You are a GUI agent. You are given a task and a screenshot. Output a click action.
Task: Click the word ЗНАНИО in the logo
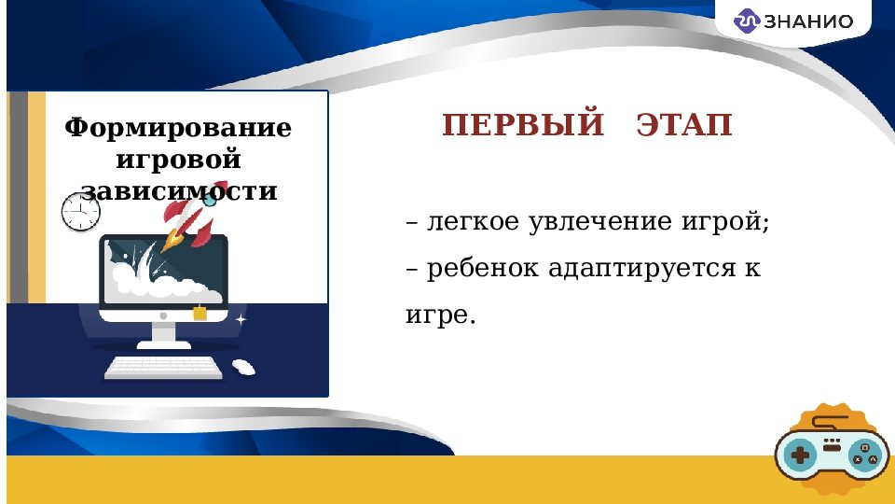coord(807,21)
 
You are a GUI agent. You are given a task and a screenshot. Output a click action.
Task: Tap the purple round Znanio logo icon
coord(747,21)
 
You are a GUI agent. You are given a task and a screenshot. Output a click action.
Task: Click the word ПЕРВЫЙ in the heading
coord(523,125)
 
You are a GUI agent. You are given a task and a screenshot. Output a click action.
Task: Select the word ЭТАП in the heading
coord(685,125)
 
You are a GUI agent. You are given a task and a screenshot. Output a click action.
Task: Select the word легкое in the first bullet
coord(473,223)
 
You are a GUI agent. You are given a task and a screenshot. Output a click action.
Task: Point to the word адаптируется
coord(640,269)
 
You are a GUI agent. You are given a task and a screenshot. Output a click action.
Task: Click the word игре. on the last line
coord(440,315)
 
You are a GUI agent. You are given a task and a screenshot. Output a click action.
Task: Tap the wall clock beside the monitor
coord(80,212)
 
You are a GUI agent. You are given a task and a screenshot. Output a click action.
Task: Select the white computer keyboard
coord(164,368)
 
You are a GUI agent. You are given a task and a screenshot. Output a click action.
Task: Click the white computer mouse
coord(243,367)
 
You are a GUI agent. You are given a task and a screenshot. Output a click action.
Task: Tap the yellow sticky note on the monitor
coord(199,313)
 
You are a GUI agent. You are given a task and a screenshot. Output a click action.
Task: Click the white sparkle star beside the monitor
coord(241,319)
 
